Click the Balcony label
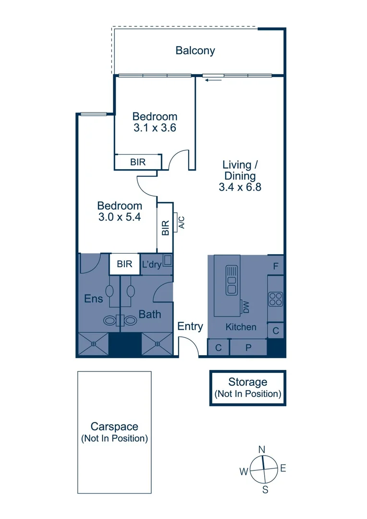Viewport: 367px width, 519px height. click(x=195, y=50)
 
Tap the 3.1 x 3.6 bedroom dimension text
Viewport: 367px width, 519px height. click(x=155, y=128)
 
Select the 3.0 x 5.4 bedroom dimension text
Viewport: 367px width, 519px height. click(x=120, y=217)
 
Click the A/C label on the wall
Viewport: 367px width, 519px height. click(x=181, y=222)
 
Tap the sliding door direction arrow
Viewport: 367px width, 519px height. click(x=213, y=80)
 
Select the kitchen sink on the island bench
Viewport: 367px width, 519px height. click(x=232, y=280)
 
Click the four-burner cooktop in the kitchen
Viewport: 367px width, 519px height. click(x=275, y=299)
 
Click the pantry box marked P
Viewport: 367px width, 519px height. click(x=248, y=347)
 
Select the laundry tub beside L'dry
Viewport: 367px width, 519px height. click(x=168, y=260)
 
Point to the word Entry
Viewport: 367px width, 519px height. click(x=190, y=326)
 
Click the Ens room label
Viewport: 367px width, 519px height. click(x=93, y=298)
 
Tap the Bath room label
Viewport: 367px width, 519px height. click(x=150, y=314)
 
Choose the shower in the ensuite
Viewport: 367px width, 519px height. click(x=93, y=344)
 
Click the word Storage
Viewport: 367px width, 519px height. click(x=247, y=382)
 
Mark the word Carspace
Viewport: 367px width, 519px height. click(x=114, y=426)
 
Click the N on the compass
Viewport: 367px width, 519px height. click(x=262, y=450)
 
